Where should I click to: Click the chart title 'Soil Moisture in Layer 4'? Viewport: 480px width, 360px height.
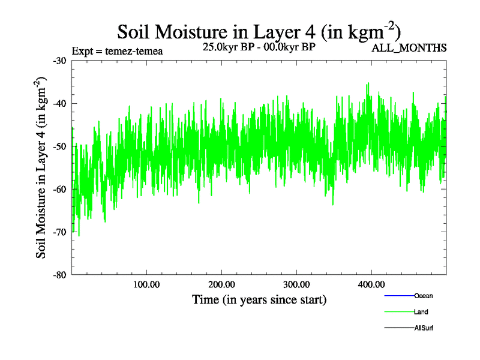tap(259, 32)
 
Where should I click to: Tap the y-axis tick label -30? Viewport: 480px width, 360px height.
tap(59, 61)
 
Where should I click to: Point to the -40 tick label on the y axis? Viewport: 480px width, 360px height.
tap(59, 103)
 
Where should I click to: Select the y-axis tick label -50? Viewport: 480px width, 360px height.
tap(59, 146)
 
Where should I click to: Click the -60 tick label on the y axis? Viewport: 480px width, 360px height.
tap(59, 189)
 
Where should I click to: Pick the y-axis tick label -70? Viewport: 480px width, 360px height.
tap(59, 232)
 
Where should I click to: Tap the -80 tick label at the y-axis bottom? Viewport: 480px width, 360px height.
tap(59, 275)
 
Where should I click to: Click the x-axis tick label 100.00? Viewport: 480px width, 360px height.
tap(146, 284)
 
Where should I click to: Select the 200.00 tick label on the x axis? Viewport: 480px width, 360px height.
tap(221, 284)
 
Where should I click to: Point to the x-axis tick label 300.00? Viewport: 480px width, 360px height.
tap(296, 284)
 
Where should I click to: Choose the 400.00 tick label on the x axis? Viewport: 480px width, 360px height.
tap(371, 284)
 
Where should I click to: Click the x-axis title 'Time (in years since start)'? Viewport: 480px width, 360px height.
tap(259, 299)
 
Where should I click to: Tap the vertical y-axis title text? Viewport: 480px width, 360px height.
tap(42, 167)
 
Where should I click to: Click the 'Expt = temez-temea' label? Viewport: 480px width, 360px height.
tap(117, 51)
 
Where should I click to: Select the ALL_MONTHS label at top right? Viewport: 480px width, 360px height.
tap(409, 48)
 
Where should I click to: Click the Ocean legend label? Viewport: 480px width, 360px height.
tap(424, 296)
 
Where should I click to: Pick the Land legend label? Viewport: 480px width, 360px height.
tap(421, 312)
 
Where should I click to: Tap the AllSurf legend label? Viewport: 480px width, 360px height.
tap(424, 328)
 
